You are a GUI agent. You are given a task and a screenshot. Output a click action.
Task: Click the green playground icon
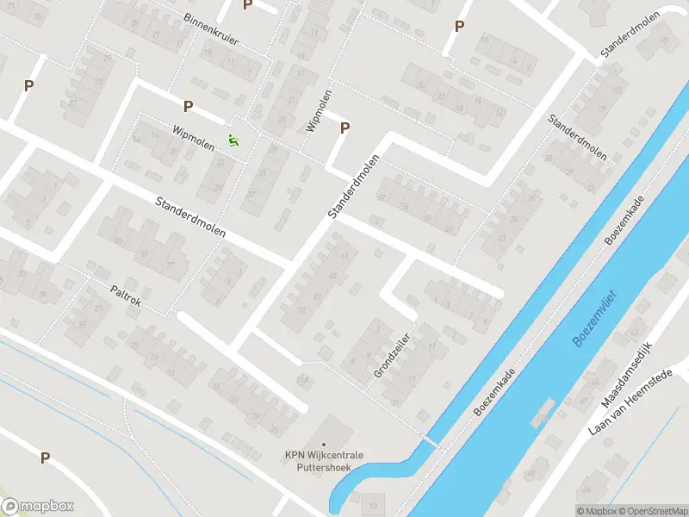(233, 140)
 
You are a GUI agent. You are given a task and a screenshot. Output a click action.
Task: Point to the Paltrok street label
(125, 297)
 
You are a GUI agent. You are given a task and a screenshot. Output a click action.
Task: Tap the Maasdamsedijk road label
(630, 377)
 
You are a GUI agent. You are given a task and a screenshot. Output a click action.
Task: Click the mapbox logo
(38, 507)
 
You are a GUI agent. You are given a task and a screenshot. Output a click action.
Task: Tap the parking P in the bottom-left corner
(45, 458)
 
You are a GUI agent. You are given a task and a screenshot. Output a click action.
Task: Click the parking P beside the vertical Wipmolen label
(345, 128)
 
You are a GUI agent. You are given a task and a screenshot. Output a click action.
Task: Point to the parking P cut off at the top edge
(247, 5)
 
